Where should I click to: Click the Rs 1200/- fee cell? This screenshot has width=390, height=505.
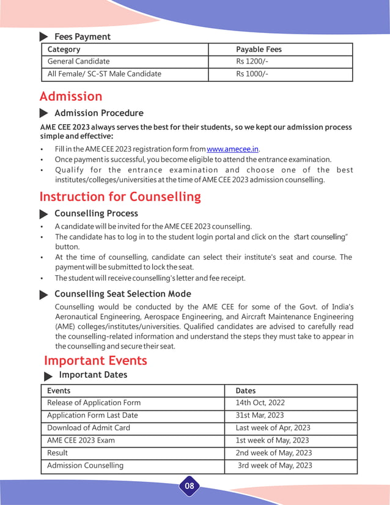click(x=252, y=61)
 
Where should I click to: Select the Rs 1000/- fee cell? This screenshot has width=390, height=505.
click(x=252, y=74)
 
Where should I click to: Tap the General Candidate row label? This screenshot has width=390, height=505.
click(x=78, y=61)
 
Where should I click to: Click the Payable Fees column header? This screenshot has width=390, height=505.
click(x=259, y=49)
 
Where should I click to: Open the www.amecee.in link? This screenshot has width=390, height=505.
click(x=233, y=149)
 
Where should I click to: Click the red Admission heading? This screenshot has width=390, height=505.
click(x=71, y=97)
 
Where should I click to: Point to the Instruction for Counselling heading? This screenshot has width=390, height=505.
click(x=120, y=196)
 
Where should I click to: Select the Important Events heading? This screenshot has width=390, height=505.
click(x=95, y=361)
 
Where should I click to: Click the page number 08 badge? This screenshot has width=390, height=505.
click(x=189, y=486)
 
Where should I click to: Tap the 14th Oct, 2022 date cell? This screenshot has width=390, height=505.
click(x=260, y=403)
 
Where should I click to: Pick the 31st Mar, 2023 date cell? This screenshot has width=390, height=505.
click(x=260, y=415)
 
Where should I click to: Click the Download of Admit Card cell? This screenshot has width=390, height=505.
click(x=89, y=428)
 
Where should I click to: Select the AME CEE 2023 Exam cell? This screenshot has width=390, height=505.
click(x=81, y=440)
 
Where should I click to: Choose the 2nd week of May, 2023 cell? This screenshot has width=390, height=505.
click(x=274, y=453)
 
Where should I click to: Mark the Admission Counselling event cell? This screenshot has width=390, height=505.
click(x=85, y=465)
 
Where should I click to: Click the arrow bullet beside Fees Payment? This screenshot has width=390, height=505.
click(x=44, y=37)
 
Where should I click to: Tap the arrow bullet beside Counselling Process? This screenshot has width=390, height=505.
click(x=44, y=214)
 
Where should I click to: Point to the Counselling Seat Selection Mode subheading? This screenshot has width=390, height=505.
click(x=122, y=294)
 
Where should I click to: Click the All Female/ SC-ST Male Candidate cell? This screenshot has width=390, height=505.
click(x=105, y=74)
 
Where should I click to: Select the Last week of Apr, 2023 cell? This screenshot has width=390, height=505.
click(x=273, y=428)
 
